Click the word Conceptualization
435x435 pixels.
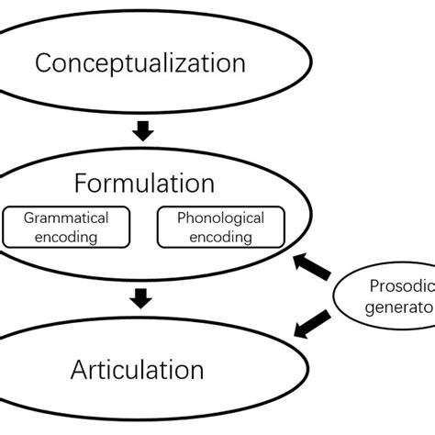pos(140,63)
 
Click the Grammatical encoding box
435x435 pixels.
pos(65,228)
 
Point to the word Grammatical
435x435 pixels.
pos(65,218)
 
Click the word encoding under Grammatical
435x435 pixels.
pos(65,237)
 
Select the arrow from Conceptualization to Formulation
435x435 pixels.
pos(141,130)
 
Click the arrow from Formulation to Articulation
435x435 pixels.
pos(141,298)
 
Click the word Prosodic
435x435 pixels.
pos(400,286)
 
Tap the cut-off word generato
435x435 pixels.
pos(401,308)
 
